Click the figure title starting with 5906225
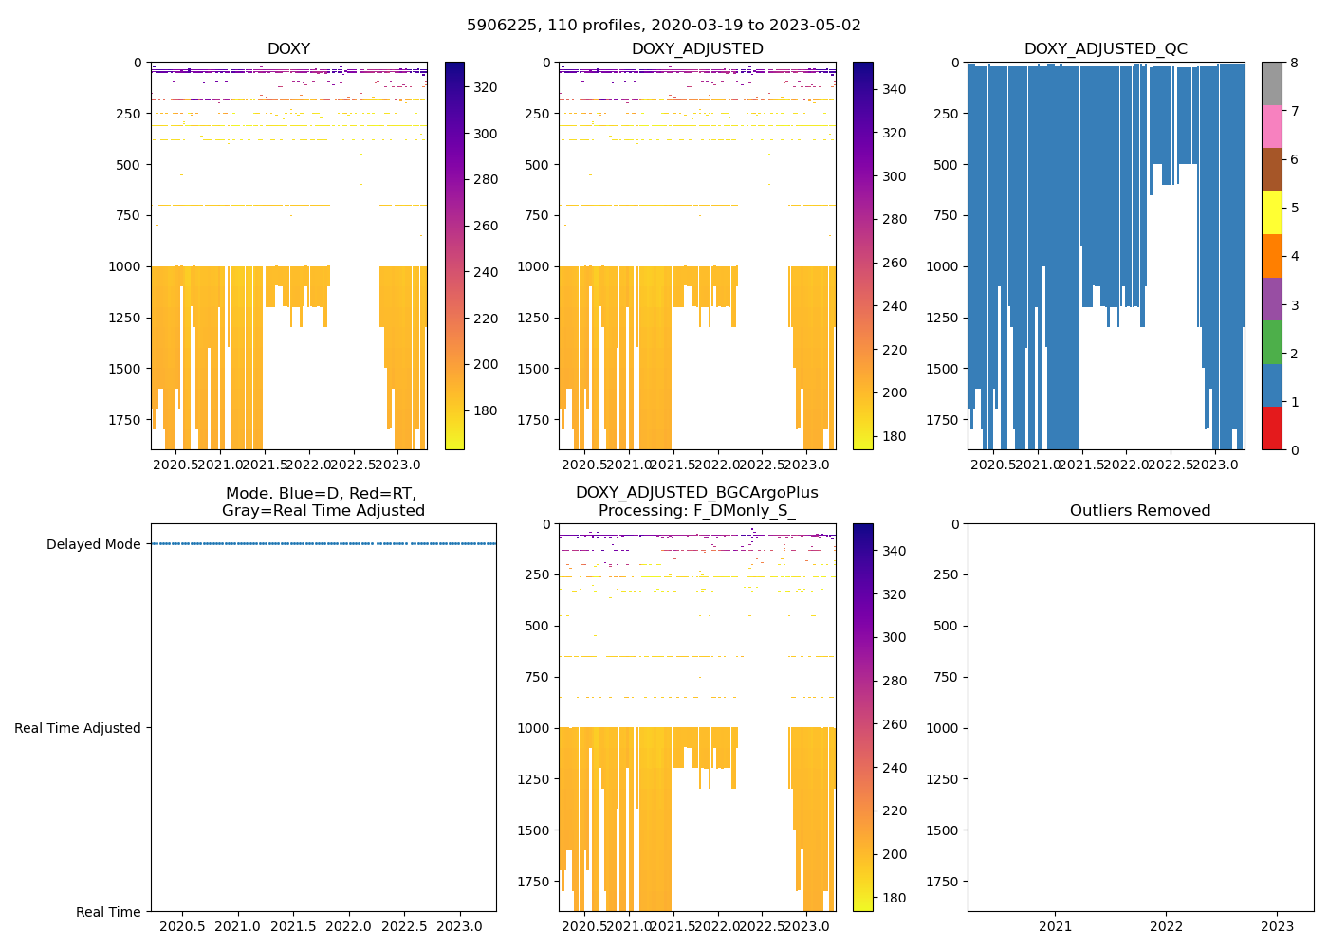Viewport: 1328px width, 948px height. (x=664, y=26)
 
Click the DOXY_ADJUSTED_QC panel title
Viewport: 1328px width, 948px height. (x=1105, y=49)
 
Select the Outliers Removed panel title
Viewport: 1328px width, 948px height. (x=1140, y=511)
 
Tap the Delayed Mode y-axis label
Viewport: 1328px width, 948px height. (x=93, y=544)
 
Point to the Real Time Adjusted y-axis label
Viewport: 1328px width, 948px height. (x=78, y=728)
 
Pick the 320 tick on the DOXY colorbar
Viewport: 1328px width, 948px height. (x=486, y=87)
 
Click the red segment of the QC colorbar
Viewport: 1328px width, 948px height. (x=1271, y=428)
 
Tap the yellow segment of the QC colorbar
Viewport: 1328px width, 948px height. (x=1271, y=212)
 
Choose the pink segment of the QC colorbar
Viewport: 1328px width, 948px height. (x=1271, y=126)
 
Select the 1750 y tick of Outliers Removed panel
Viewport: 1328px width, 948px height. (x=945, y=882)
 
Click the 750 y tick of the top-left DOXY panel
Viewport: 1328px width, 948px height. (x=129, y=215)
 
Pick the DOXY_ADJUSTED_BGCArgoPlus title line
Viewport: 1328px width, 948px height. (x=696, y=493)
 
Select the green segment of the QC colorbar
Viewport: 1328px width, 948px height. (x=1271, y=341)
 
